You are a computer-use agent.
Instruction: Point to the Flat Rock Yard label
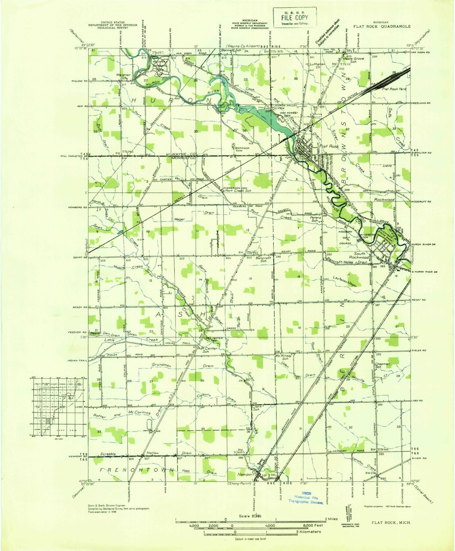coord(394,89)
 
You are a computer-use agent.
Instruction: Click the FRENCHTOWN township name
coord(137,470)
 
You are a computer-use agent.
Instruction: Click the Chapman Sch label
coord(382,365)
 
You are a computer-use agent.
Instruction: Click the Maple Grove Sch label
coord(353,60)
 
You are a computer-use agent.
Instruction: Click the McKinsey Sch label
coord(284,357)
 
